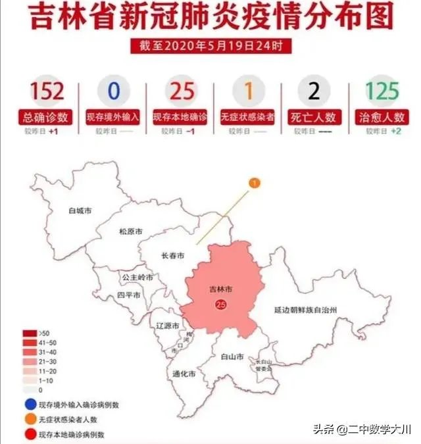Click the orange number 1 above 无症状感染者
click(248, 90)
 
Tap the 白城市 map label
click(80, 212)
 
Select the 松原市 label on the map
click(130, 232)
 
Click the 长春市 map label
click(172, 255)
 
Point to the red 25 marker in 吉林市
click(220, 304)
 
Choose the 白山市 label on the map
click(232, 357)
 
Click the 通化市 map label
click(183, 374)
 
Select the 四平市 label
click(128, 295)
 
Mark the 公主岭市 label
click(137, 278)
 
